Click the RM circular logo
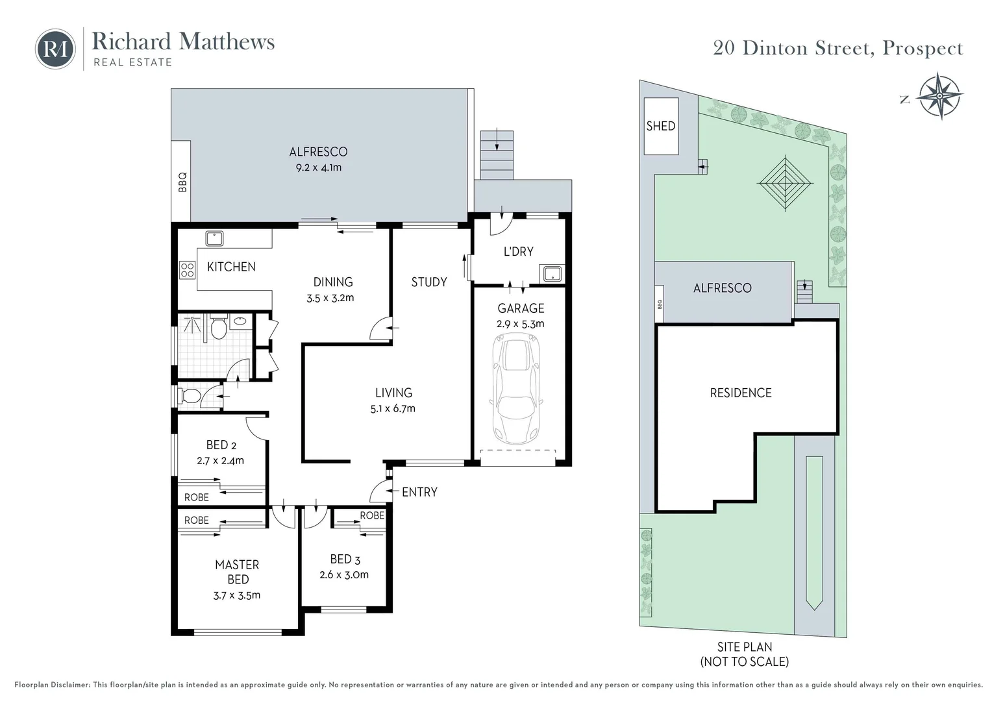click(x=55, y=49)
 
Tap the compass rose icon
click(x=939, y=95)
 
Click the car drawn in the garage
click(x=516, y=389)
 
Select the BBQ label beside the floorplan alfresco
click(x=182, y=182)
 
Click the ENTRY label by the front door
click(x=419, y=492)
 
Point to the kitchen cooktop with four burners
click(x=188, y=269)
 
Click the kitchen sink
click(x=214, y=238)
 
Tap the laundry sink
click(x=552, y=273)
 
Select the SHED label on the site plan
click(x=661, y=126)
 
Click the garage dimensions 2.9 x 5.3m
click(x=521, y=324)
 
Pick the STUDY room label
click(x=428, y=282)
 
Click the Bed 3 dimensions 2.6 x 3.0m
click(x=344, y=575)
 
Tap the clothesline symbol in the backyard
click(x=785, y=182)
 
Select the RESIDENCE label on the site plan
click(x=741, y=393)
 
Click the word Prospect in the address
click(x=923, y=49)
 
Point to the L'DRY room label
click(x=518, y=252)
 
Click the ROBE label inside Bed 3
click(x=372, y=515)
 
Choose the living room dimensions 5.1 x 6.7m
click(x=393, y=408)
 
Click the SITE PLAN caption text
click(x=745, y=647)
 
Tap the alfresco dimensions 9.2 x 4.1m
click(x=318, y=167)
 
